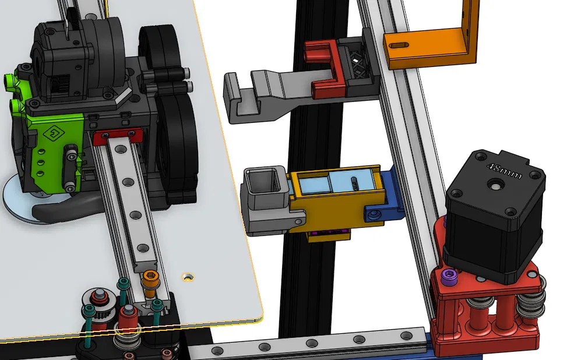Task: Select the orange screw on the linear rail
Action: pos(150,282)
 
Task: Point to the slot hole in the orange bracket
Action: pos(399,45)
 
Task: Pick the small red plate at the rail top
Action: pos(118,136)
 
